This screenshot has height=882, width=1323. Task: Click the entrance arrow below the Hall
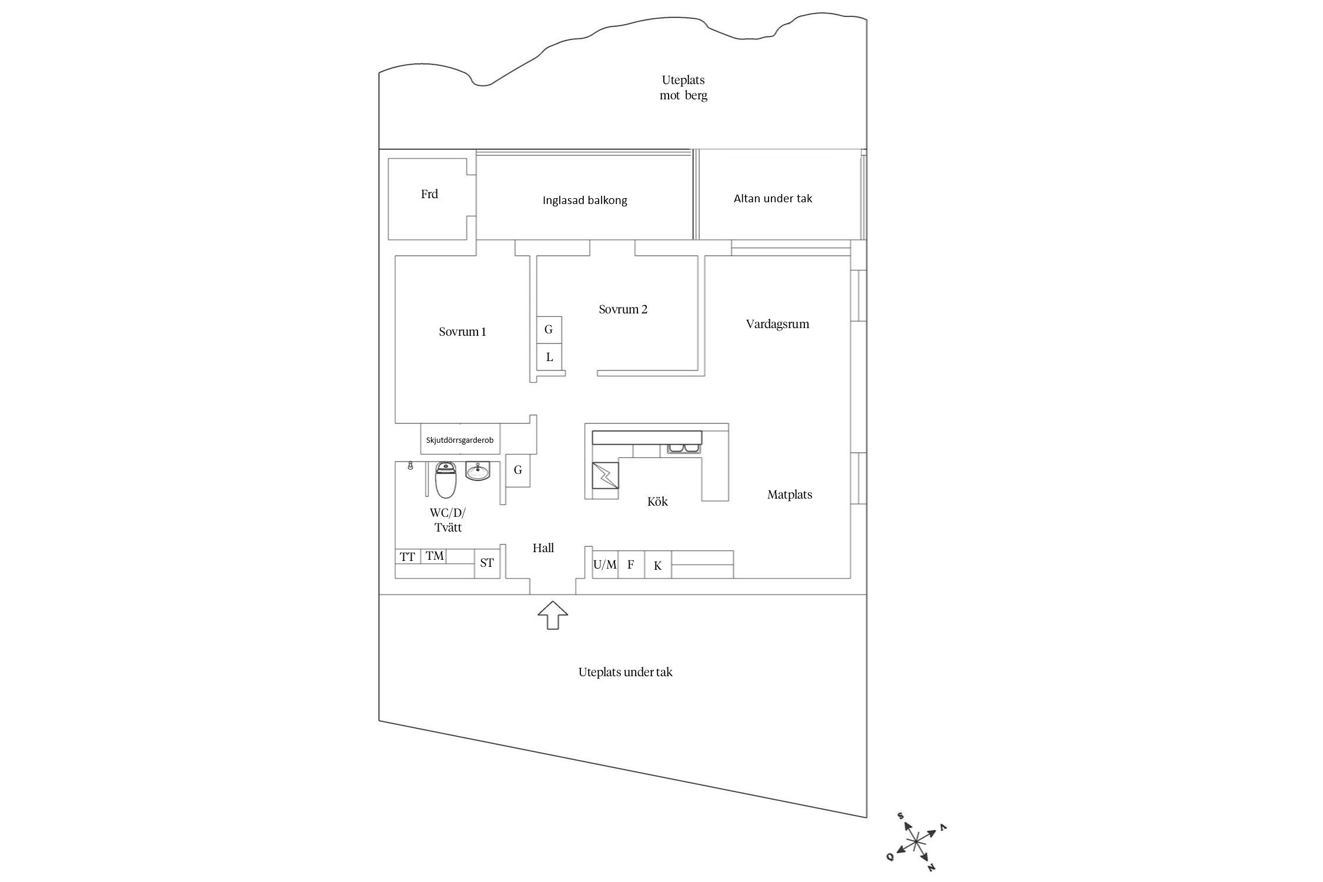(552, 615)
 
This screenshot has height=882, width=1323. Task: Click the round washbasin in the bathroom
(477, 471)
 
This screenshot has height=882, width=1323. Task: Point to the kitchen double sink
(683, 449)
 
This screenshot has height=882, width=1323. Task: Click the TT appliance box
(407, 556)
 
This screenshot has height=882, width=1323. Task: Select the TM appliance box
(435, 556)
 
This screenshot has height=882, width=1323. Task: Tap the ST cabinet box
(487, 563)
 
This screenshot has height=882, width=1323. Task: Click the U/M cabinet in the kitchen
(605, 565)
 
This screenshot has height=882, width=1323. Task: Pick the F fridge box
(631, 565)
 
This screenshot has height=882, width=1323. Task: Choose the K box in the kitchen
(658, 566)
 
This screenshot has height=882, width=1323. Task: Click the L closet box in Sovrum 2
(549, 357)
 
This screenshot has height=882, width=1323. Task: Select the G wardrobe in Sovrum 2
(549, 330)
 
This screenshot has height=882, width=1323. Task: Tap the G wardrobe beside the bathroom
(518, 470)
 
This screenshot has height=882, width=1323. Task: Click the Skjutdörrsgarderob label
(460, 440)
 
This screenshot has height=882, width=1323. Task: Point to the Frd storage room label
(429, 194)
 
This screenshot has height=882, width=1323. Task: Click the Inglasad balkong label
(584, 201)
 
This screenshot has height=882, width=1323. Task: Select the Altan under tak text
(773, 199)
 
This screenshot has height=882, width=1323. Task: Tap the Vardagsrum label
(777, 324)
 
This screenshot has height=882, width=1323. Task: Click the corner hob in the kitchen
(605, 475)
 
